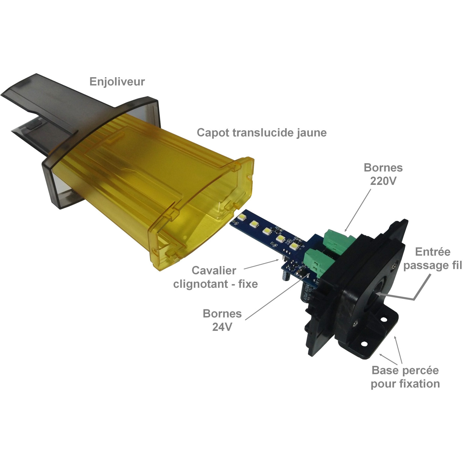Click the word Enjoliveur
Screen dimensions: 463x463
117,82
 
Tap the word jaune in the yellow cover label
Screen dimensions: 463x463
311,133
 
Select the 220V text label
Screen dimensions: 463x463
383,181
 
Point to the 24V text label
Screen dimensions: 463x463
222,327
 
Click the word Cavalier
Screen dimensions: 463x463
214,270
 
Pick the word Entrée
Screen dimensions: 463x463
432,252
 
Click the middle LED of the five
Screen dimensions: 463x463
267,231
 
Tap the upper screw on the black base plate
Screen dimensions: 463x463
395,266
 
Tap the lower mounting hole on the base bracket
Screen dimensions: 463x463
364,344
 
